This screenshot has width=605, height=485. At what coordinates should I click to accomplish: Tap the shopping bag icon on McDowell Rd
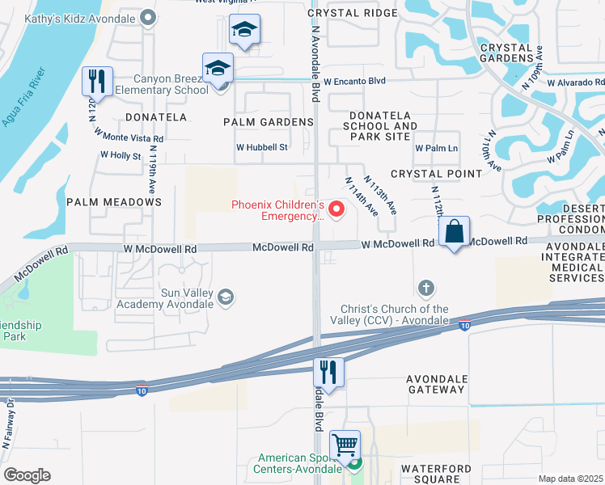coord(455,231)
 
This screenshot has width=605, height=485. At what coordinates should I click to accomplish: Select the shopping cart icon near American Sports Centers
coord(345,444)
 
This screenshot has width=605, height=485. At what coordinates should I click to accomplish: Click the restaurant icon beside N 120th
coord(95,81)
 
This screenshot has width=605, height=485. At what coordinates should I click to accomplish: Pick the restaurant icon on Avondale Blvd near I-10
coord(328,373)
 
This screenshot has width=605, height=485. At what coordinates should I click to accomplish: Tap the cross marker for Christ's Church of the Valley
coord(426,288)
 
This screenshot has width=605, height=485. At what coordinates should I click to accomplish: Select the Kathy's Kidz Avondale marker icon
coord(147,17)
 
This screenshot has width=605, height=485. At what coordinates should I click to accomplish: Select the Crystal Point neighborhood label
coord(436,174)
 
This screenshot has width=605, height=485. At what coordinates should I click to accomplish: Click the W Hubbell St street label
coord(262,148)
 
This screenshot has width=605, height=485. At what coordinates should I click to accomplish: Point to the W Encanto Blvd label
coord(356,82)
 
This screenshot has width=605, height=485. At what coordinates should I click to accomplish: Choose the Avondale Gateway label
coord(436,385)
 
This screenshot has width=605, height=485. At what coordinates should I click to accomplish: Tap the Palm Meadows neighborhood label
coord(114,201)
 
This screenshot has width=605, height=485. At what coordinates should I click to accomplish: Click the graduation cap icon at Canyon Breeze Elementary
coord(218,69)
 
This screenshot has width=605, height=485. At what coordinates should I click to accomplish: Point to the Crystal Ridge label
coord(345,13)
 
